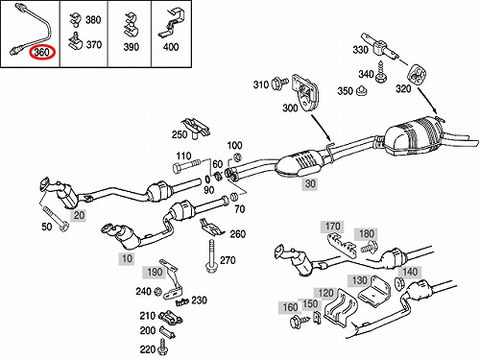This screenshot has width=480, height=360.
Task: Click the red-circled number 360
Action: (42, 53)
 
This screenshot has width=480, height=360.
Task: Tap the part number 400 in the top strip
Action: (171, 47)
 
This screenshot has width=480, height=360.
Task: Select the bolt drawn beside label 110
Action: (186, 167)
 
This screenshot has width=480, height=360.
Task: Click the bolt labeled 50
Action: (56, 219)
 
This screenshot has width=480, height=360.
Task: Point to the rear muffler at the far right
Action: (413, 136)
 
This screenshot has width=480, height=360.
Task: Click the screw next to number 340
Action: (381, 73)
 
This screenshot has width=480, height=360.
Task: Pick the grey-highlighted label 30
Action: (310, 183)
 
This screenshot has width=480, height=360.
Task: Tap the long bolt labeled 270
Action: (211, 255)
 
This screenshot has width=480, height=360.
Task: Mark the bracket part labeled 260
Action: (211, 228)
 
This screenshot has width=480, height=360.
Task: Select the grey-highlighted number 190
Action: (155, 272)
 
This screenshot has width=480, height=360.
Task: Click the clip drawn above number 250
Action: (196, 127)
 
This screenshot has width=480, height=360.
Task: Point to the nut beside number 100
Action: (237, 157)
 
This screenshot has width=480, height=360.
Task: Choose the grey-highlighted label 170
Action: (332, 227)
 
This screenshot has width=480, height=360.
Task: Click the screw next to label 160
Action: (300, 321)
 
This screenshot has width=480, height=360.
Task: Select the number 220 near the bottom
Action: (148, 349)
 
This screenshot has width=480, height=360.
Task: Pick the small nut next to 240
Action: (157, 292)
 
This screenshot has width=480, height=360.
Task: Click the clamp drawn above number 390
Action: (131, 26)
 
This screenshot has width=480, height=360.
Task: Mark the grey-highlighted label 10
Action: (127, 258)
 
